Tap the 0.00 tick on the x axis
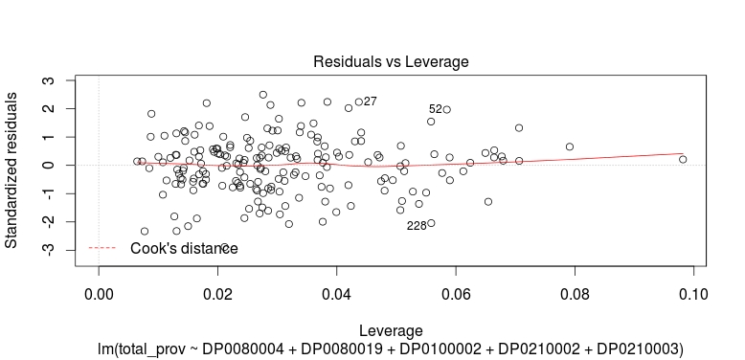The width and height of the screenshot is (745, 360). point(99,292)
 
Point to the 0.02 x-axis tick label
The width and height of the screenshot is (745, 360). point(217,292)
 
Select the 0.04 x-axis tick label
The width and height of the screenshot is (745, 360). point(336,292)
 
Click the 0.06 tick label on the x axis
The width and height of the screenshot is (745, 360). point(455,292)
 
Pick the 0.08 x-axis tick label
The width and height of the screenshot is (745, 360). point(574,292)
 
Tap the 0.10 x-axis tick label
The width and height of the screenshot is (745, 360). point(692,292)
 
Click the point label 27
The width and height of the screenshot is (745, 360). point(371,101)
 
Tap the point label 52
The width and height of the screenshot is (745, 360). point(436,109)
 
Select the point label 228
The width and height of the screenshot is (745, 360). point(417,226)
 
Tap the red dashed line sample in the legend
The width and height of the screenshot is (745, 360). point(102,249)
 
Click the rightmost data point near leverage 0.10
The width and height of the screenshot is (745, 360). point(683,160)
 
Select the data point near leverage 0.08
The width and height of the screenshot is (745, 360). point(570,147)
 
